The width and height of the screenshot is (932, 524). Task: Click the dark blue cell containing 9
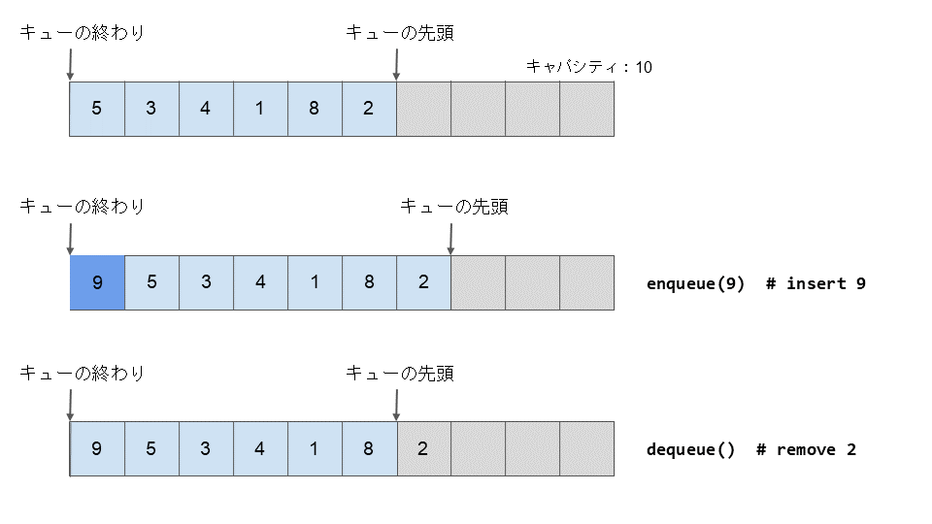[96, 282]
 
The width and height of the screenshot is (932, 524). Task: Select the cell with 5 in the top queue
[96, 109]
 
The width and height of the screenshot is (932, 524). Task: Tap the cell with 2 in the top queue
[368, 109]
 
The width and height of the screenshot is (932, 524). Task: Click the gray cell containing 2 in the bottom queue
[422, 448]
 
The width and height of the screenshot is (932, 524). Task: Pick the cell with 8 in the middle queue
[369, 282]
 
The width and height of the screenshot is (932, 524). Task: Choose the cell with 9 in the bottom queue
[96, 448]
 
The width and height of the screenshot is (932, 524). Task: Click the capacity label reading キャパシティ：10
[588, 66]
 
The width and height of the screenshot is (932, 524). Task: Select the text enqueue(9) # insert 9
[755, 283]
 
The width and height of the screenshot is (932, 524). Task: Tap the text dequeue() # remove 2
[750, 449]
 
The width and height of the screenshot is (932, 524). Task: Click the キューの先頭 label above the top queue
[399, 33]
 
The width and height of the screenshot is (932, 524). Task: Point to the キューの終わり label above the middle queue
[83, 206]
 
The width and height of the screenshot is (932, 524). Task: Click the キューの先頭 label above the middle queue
[453, 206]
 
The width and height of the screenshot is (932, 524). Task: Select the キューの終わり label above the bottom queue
[83, 373]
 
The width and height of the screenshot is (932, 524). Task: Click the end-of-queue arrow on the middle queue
[70, 237]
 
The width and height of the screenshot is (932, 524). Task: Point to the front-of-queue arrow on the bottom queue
[397, 403]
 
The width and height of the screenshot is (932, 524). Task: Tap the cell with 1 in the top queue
[259, 109]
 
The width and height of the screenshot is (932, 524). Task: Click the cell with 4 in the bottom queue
[259, 448]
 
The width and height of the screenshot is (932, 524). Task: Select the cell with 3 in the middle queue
[206, 282]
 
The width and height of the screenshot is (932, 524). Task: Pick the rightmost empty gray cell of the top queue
[586, 109]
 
